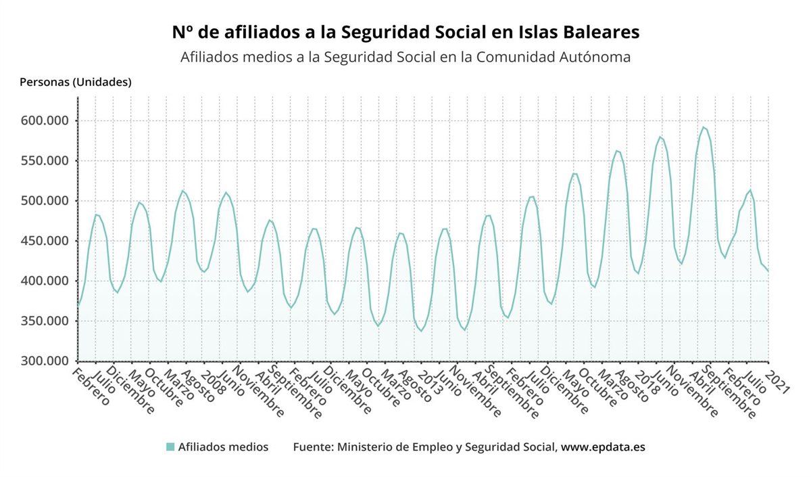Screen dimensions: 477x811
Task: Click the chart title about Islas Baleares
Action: pyautogui.click(x=405, y=32)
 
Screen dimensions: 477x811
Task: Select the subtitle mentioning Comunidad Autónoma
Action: pyautogui.click(x=405, y=57)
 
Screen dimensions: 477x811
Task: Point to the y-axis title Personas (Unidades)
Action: pyautogui.click(x=76, y=83)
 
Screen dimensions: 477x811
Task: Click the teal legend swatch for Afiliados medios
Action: pyautogui.click(x=170, y=447)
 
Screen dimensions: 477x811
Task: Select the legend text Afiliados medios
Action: pyautogui.click(x=223, y=447)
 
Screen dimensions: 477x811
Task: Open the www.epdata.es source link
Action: pyautogui.click(x=603, y=447)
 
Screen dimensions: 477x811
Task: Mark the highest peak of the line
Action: pyautogui.click(x=704, y=127)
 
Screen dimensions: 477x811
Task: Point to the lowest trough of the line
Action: pyautogui.click(x=422, y=331)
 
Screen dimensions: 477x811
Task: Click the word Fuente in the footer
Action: pyautogui.click(x=312, y=447)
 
